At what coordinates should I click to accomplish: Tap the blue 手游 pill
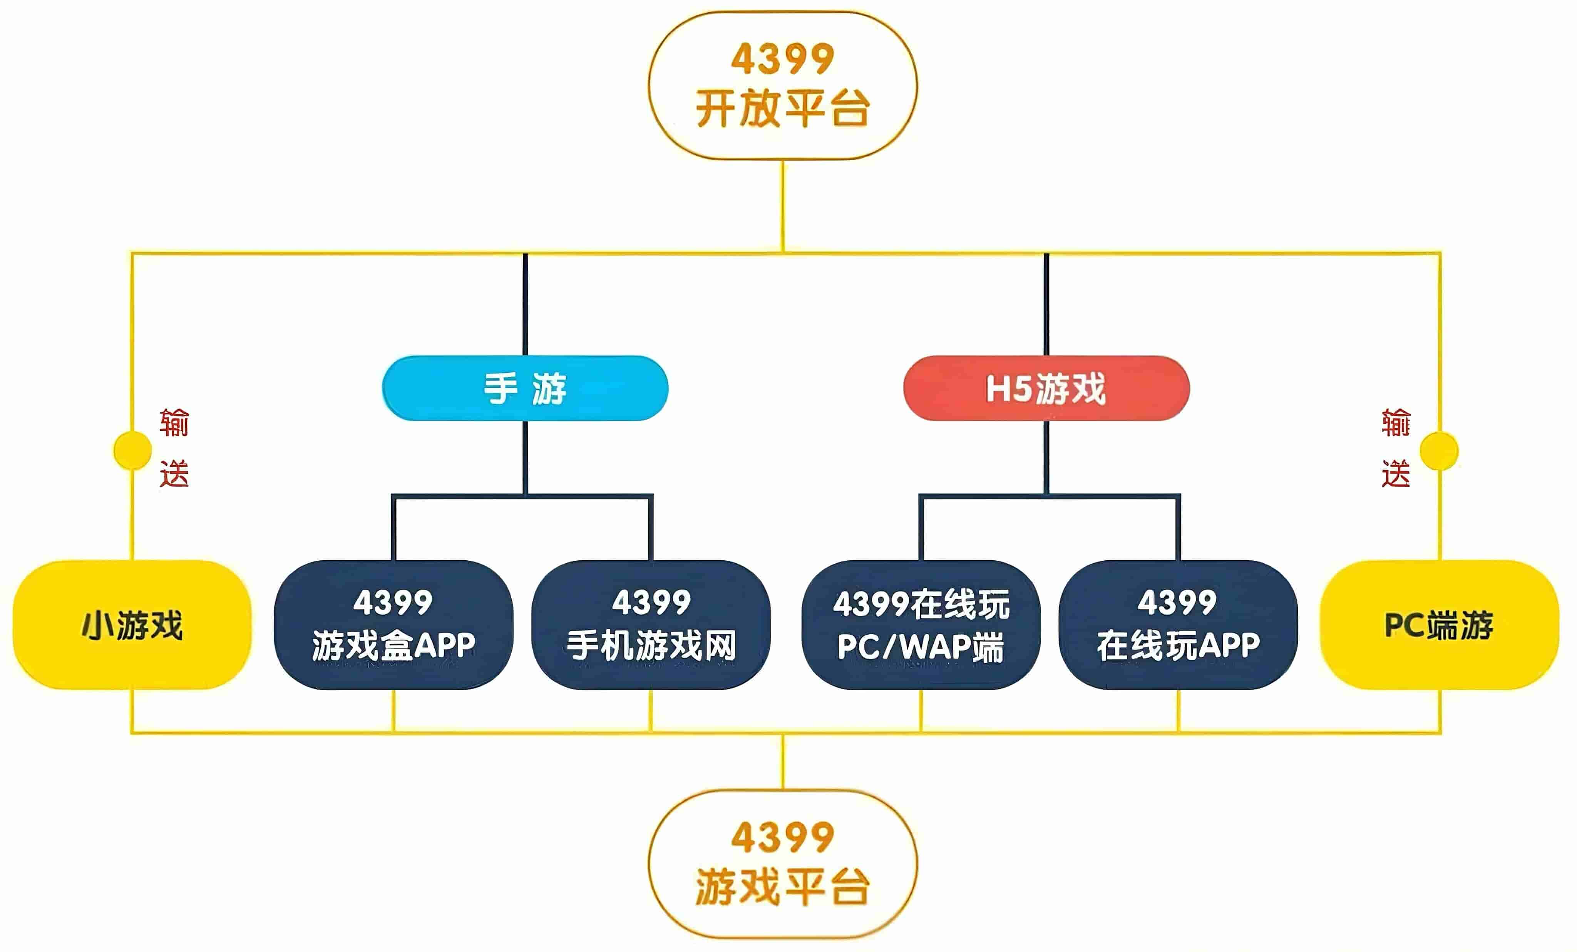tap(525, 388)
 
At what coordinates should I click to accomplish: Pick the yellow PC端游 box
tap(1440, 625)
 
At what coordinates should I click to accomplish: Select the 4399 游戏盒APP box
tap(393, 625)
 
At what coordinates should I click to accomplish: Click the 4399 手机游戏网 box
tap(651, 625)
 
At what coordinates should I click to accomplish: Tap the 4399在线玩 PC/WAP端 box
tap(921, 625)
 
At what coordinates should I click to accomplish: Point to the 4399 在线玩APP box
tap(1178, 625)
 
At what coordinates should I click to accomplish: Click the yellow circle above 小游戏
tap(132, 450)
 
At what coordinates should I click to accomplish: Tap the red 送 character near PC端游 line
tap(1396, 474)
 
